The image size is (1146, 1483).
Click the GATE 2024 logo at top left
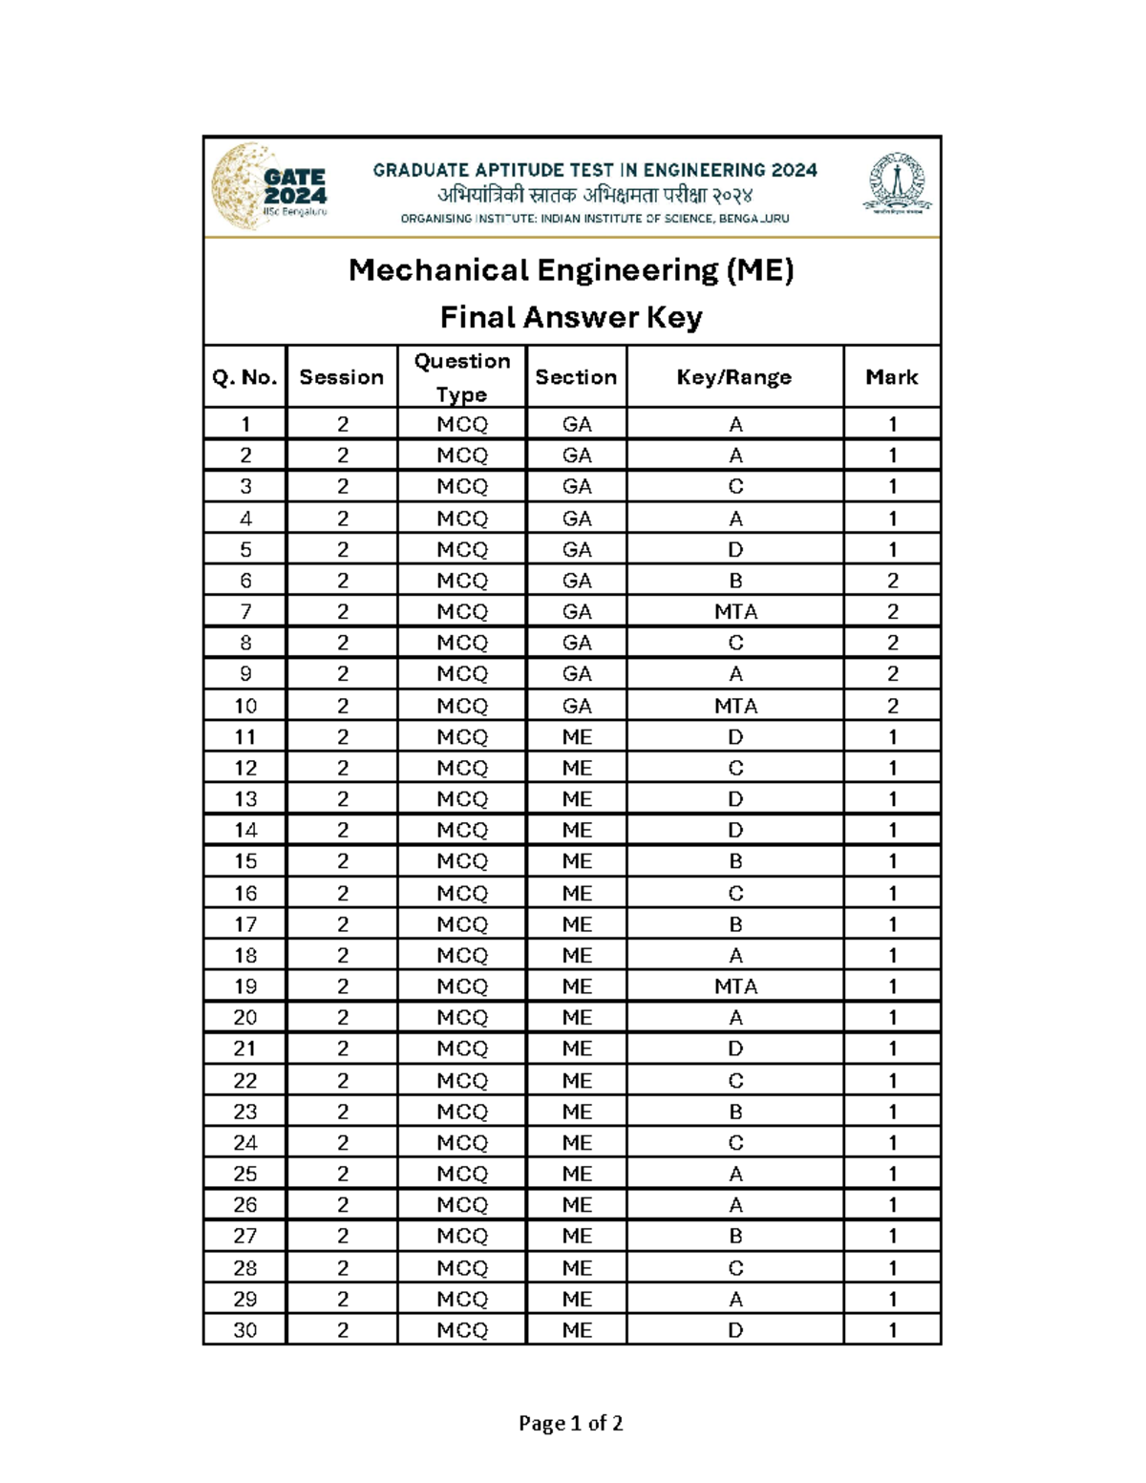coord(270,187)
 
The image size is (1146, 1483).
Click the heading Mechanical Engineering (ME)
coord(571,270)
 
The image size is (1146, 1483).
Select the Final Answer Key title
coord(571,317)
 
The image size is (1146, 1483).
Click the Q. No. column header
coord(244,377)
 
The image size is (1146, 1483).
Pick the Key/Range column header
coord(734,377)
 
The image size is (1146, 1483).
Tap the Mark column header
coord(892,377)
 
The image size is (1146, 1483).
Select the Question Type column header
coord(462,377)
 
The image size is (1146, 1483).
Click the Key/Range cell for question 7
coord(735,612)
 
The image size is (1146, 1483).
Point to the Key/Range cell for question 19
coord(735,986)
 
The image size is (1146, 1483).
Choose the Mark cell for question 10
coord(892,706)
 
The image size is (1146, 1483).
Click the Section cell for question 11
coord(577,737)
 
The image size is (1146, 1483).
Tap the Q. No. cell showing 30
coord(245,1330)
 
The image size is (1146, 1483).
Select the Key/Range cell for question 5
coord(735,550)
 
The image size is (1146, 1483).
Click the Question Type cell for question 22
coord(462,1081)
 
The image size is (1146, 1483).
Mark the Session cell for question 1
coord(342,424)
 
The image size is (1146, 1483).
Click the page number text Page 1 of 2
coord(571,1424)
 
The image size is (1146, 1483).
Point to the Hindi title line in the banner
coord(595,196)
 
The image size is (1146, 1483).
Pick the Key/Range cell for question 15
coord(735,861)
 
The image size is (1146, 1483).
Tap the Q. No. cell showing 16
coord(245,894)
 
